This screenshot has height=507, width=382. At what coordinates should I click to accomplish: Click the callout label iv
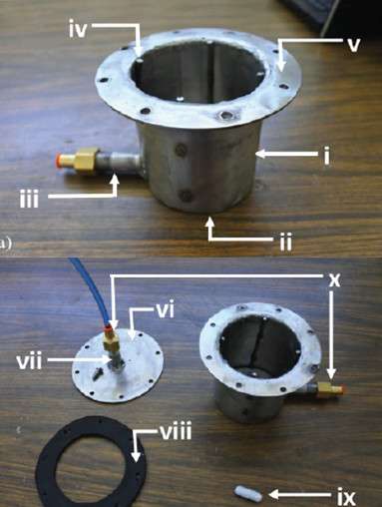pyautogui.click(x=78, y=30)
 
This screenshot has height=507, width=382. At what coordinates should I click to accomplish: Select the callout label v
pyautogui.click(x=352, y=45)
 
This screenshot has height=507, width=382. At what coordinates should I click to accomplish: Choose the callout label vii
pyautogui.click(x=30, y=360)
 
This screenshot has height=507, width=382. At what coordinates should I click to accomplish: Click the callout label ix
pyautogui.click(x=346, y=496)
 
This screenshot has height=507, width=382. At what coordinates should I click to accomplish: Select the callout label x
pyautogui.click(x=334, y=280)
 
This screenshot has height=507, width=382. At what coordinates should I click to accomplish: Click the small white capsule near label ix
pyautogui.click(x=248, y=493)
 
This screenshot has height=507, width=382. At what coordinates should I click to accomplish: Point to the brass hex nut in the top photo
pyautogui.click(x=87, y=161)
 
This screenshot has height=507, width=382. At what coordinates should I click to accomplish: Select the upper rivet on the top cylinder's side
pyautogui.click(x=181, y=150)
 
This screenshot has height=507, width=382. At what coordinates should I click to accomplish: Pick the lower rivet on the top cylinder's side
pyautogui.click(x=186, y=196)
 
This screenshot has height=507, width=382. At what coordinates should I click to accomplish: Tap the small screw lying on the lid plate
pyautogui.click(x=97, y=373)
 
